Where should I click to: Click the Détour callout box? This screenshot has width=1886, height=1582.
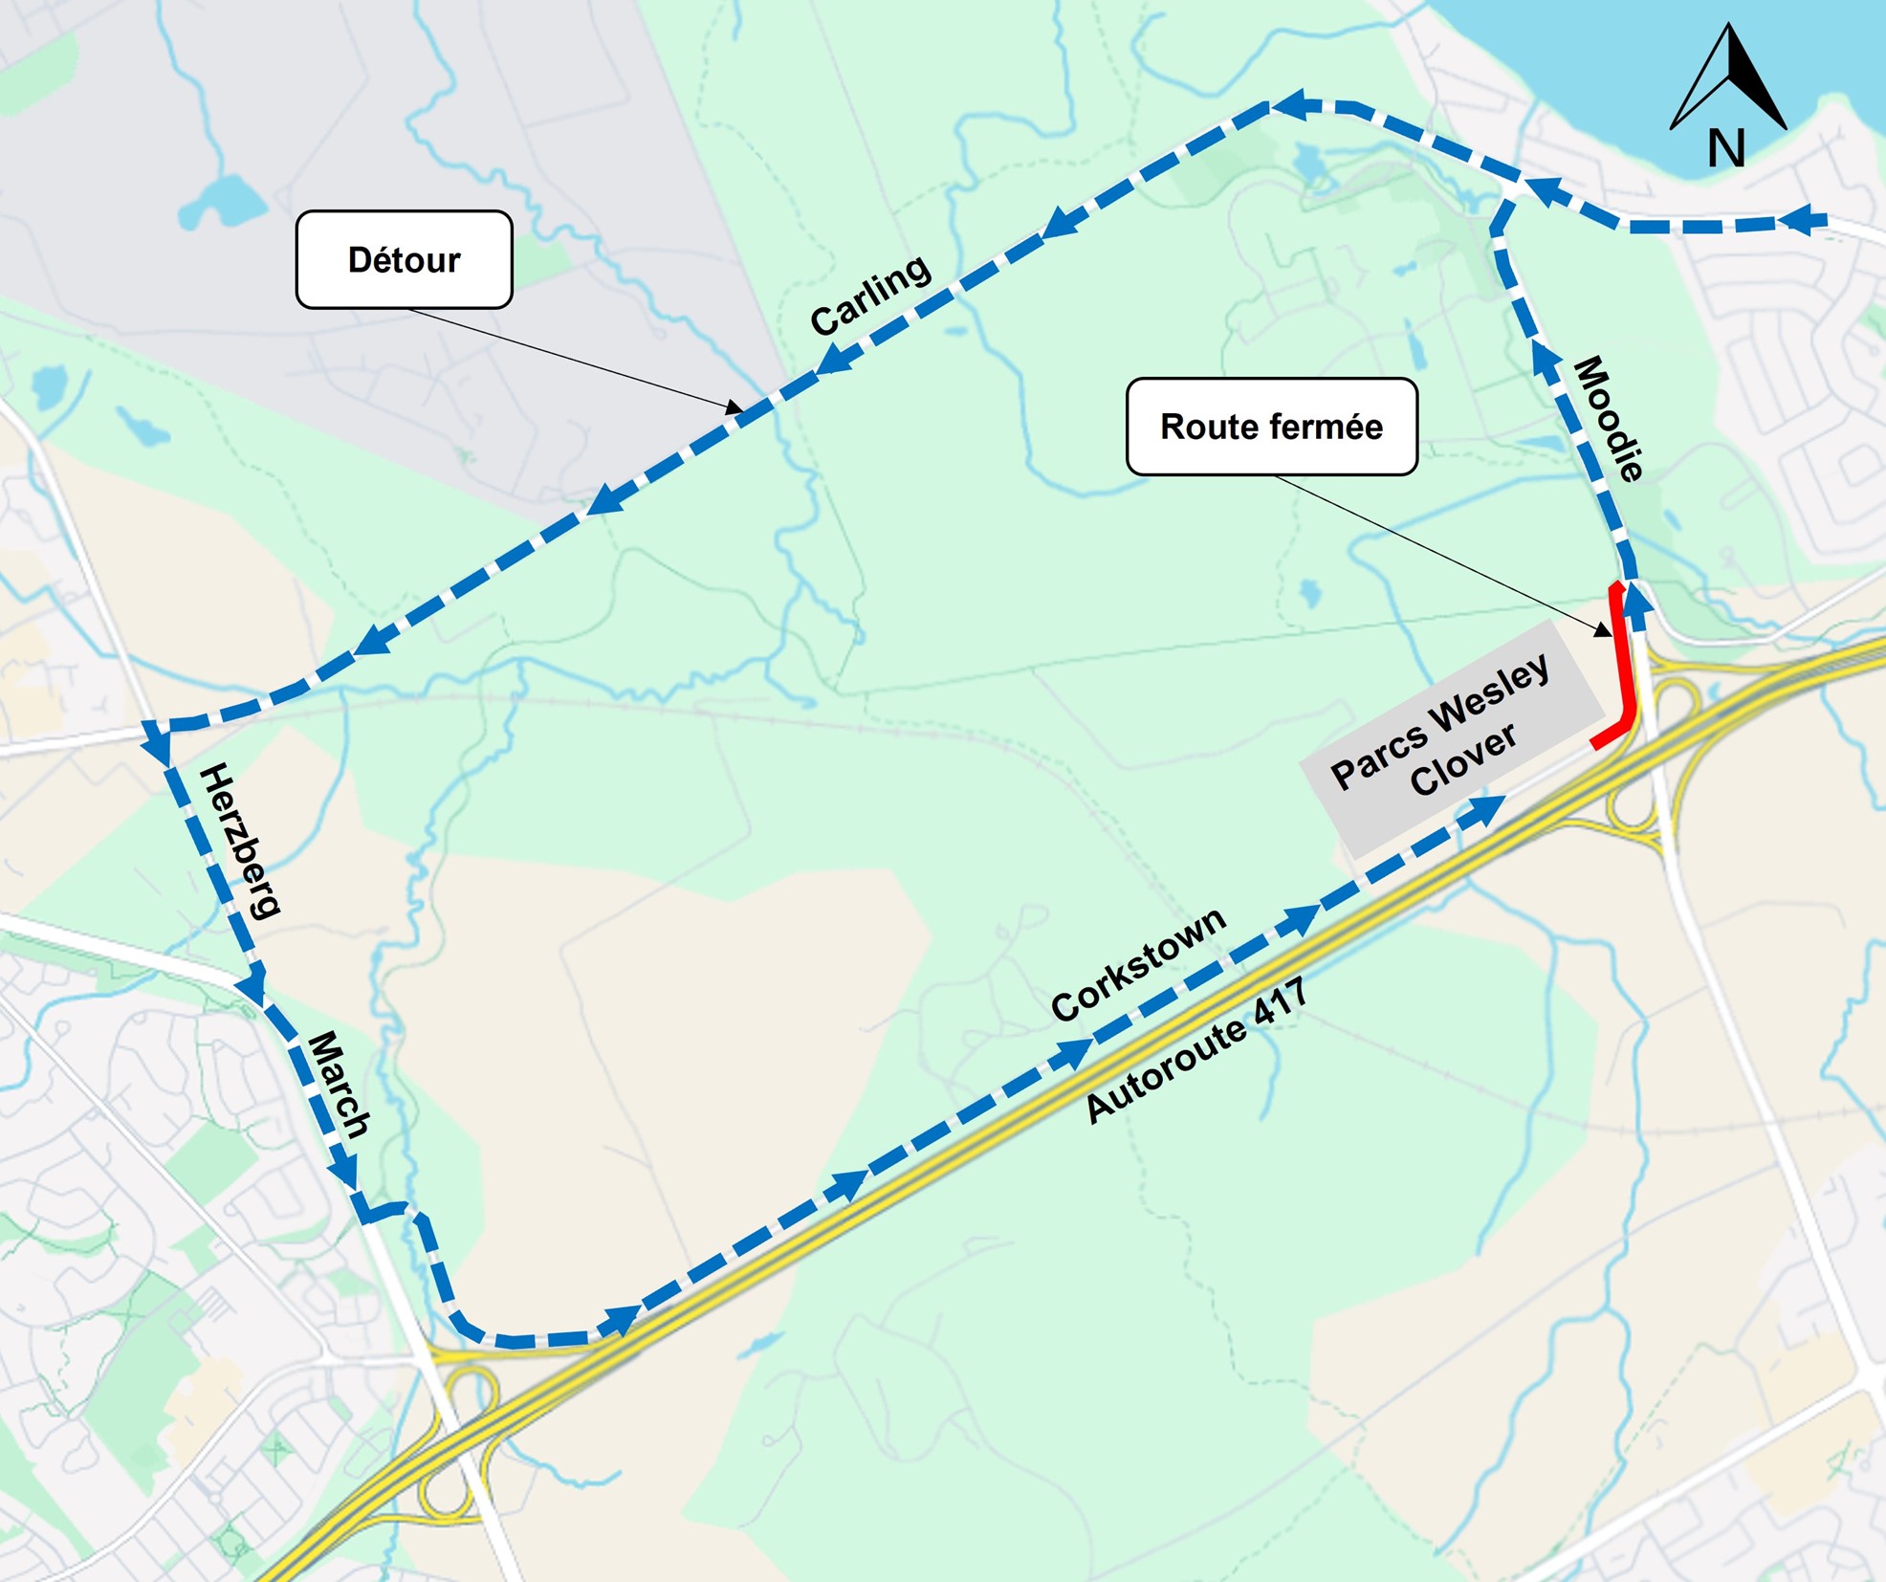[x=404, y=259]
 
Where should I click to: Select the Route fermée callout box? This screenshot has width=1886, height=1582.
[x=1271, y=427]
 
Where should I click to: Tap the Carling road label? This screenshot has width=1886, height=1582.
[x=870, y=295]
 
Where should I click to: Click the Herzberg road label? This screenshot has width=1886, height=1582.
[x=240, y=841]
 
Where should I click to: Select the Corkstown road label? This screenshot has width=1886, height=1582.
[x=1138, y=964]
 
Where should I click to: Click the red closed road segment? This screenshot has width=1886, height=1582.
[x=1623, y=670]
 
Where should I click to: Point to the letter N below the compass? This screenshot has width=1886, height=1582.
[x=1726, y=148]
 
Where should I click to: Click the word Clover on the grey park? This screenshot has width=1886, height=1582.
[x=1463, y=760]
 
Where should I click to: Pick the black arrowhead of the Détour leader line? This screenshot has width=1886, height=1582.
[x=735, y=408]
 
